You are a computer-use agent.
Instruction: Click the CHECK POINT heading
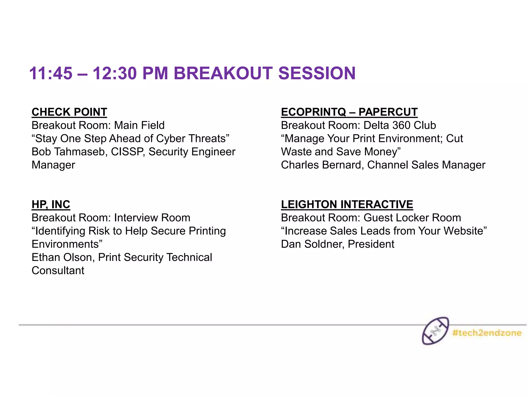(69, 112)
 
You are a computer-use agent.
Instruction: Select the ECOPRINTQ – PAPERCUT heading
(349, 112)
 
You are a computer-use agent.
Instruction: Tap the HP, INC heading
(51, 204)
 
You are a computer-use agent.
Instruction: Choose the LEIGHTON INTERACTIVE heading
(347, 204)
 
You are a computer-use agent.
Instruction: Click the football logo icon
(435, 331)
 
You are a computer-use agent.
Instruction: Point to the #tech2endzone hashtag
(487, 333)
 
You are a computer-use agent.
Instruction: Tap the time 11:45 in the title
(51, 73)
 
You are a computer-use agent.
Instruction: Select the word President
(371, 244)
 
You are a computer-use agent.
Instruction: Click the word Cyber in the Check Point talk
(171, 139)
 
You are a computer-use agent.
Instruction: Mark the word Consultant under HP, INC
(58, 270)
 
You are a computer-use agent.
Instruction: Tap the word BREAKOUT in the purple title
(223, 73)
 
